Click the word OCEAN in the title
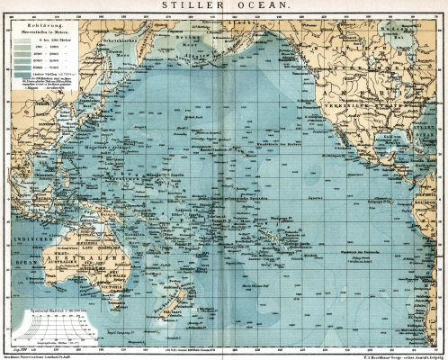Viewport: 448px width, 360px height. click(x=253, y=5)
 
